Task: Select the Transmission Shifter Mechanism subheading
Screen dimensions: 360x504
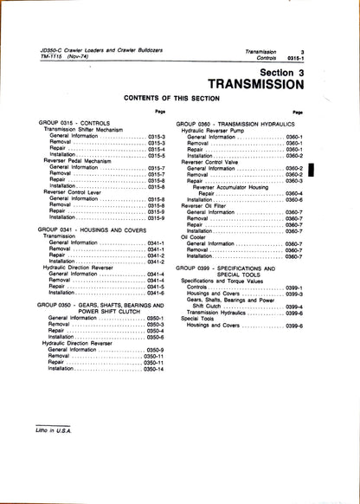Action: pyautogui.click(x=87, y=130)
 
